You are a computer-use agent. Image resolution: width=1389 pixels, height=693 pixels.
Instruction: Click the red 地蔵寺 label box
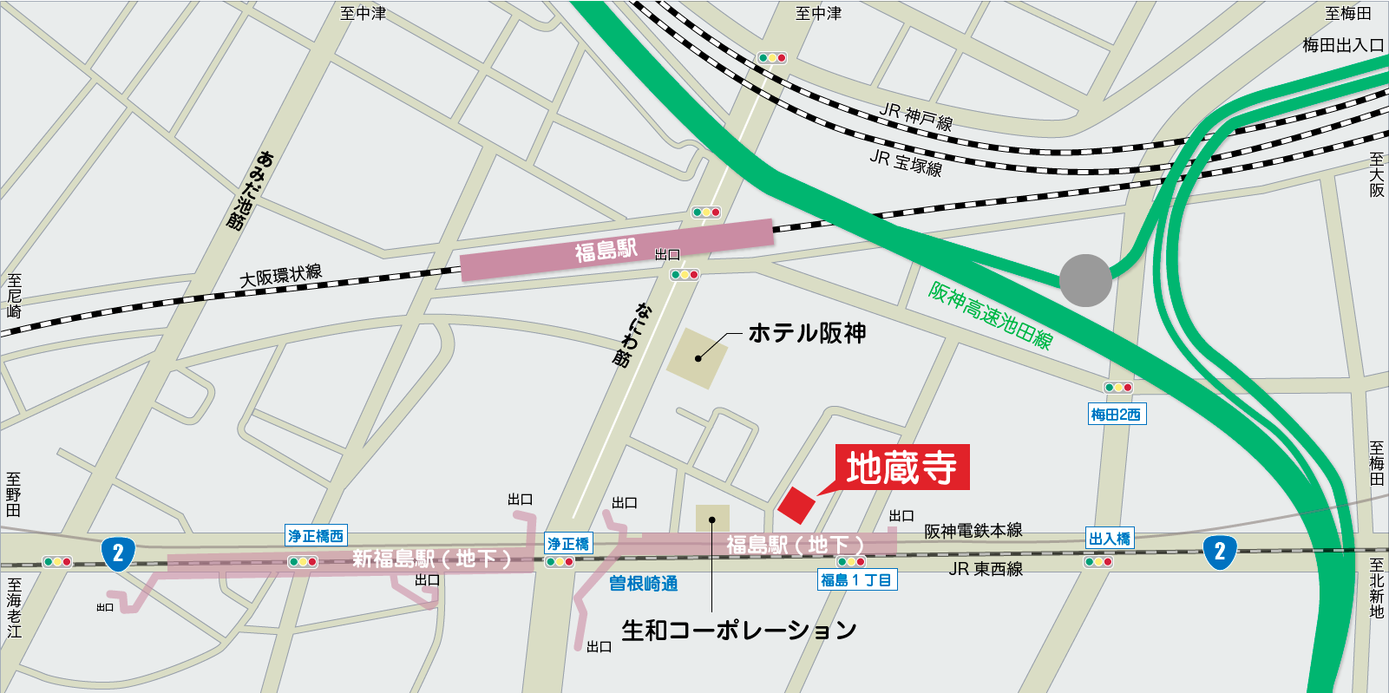901,467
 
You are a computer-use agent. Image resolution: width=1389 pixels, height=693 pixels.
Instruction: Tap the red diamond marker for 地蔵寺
796,505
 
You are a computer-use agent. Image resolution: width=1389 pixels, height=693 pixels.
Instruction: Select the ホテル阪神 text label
807,333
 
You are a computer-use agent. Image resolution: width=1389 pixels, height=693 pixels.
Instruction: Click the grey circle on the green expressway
1085,280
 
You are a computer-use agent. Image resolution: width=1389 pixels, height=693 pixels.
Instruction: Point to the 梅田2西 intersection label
1117,415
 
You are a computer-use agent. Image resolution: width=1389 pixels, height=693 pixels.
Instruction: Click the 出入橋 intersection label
1110,539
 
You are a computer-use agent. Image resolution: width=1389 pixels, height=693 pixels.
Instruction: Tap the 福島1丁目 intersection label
856,580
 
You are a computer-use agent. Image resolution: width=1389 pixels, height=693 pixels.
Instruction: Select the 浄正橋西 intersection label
316,536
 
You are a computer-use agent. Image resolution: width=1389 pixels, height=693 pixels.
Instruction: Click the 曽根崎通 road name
643,584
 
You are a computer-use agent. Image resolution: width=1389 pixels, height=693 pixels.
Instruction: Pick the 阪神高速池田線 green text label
990,316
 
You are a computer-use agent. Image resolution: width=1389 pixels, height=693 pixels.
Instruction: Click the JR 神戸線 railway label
916,116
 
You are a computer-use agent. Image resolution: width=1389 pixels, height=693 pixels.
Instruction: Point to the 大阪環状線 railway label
280,276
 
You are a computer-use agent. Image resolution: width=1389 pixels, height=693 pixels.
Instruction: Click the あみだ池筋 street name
250,189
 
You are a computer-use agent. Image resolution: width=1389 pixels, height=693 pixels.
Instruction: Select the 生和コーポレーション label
738,631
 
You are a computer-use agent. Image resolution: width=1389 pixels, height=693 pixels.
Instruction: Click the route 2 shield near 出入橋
1220,551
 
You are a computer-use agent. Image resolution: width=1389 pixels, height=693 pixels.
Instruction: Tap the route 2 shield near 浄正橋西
118,553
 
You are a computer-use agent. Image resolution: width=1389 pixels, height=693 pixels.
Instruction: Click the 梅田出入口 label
1342,45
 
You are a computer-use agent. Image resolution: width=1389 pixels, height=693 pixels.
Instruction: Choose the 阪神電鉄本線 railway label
973,531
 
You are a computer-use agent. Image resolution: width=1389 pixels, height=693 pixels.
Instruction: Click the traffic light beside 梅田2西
1117,388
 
